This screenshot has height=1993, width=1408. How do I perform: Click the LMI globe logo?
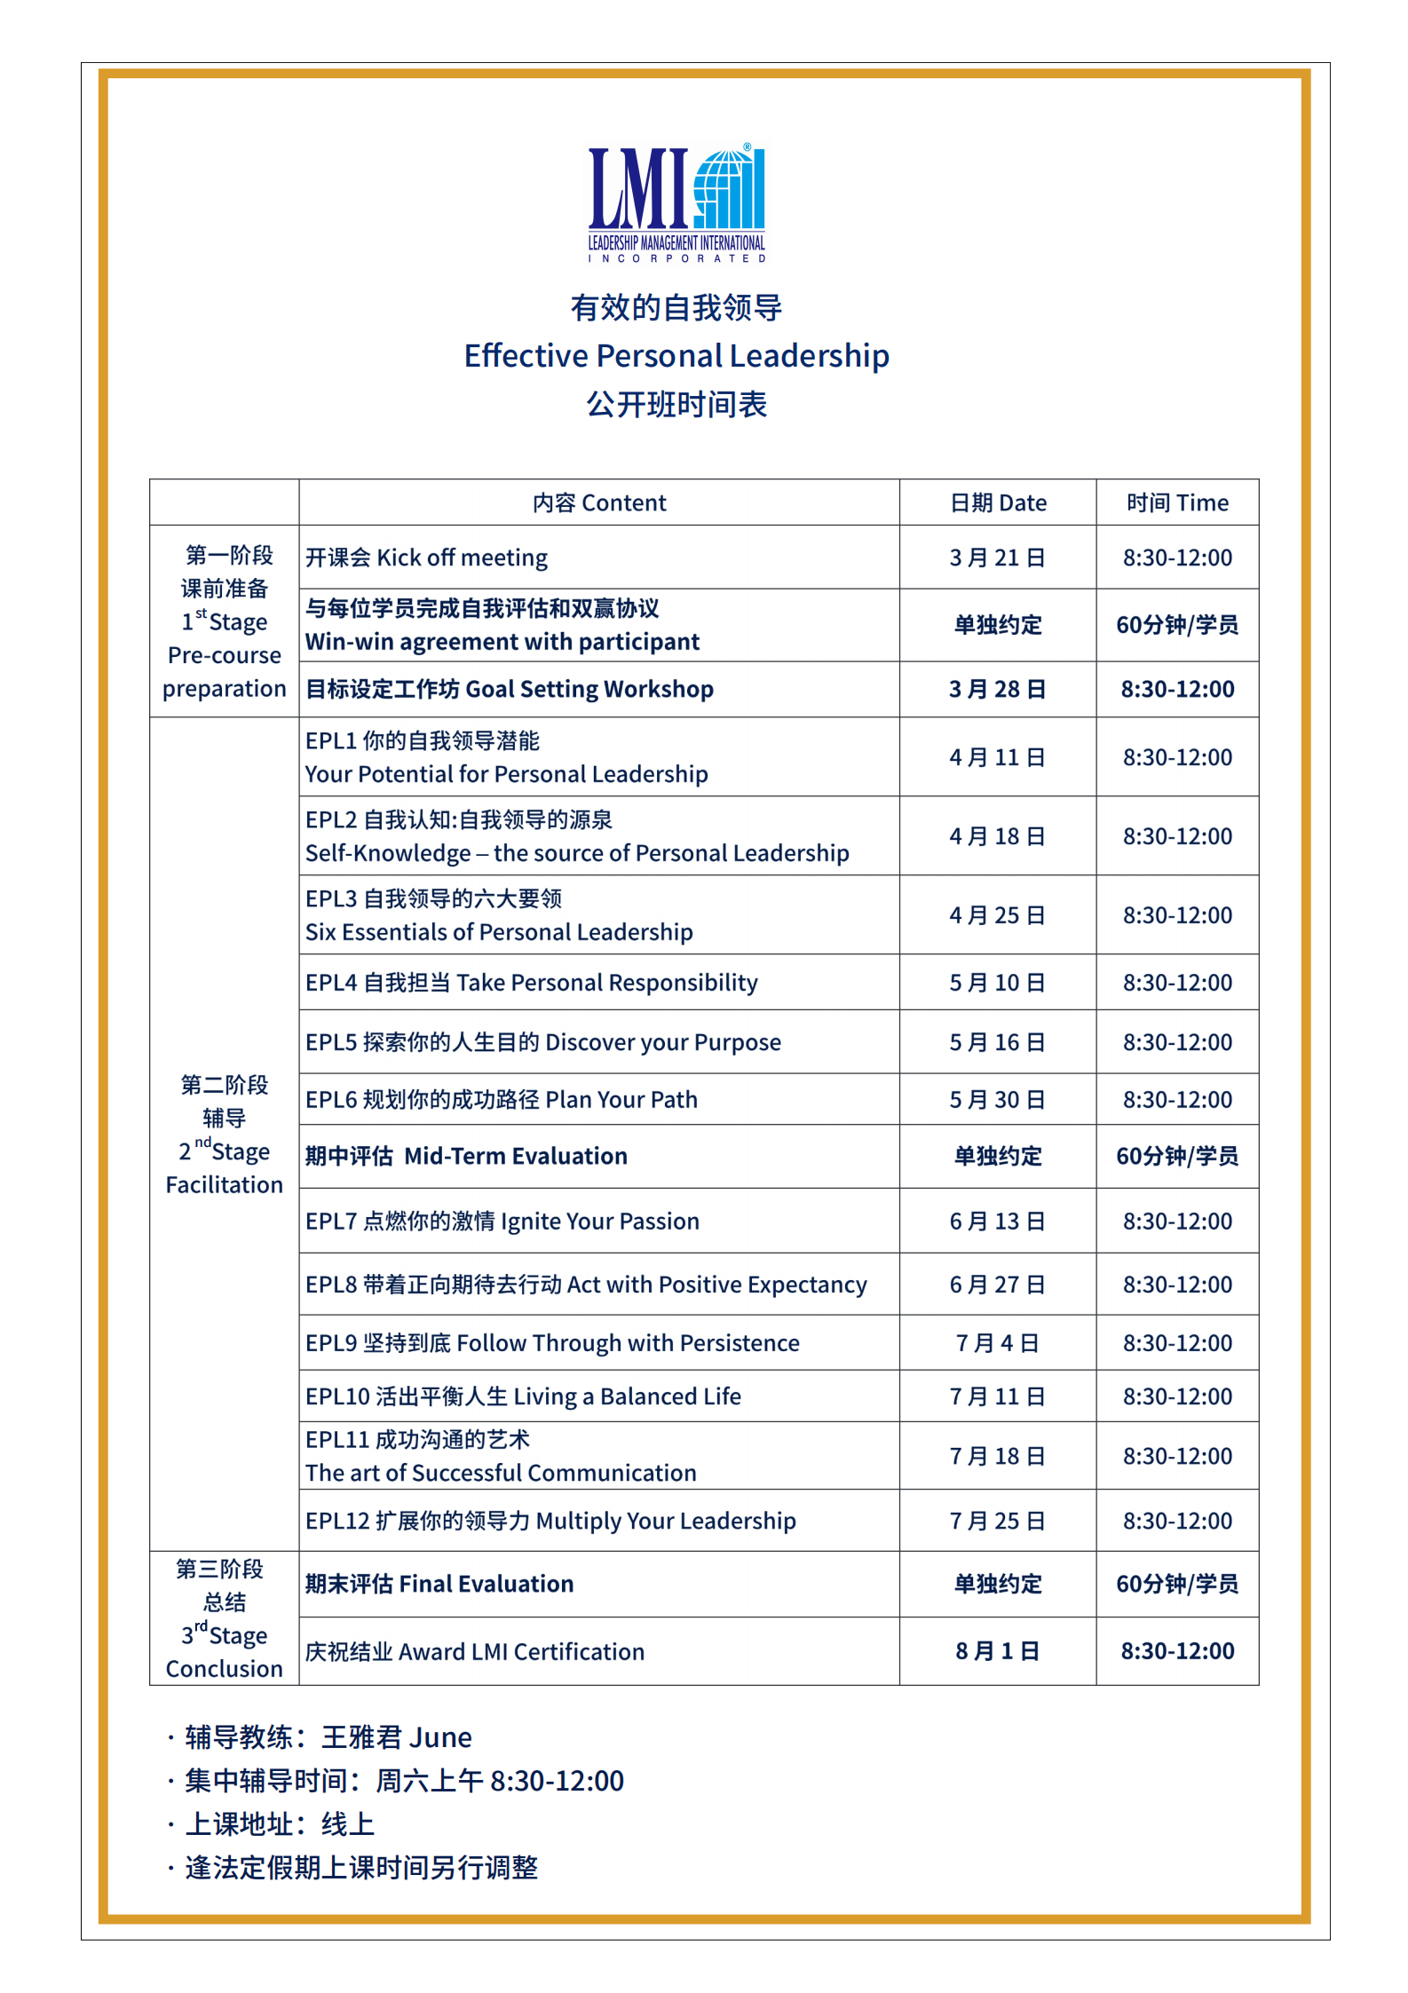[676, 202]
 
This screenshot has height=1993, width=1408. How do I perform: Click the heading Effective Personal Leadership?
[676, 356]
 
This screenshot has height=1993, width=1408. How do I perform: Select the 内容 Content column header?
[599, 503]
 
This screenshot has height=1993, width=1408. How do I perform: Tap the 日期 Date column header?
[998, 503]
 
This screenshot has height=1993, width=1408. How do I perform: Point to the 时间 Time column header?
[1177, 503]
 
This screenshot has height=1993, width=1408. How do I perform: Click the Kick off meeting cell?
[427, 558]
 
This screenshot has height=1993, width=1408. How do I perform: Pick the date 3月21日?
[997, 558]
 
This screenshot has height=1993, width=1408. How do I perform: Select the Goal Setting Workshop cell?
[510, 689]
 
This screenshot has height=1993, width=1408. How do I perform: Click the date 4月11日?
[997, 757]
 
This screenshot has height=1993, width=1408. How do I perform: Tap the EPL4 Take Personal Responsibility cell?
[532, 983]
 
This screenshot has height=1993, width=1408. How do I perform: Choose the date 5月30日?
[997, 1100]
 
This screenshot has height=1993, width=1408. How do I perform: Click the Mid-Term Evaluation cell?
[467, 1156]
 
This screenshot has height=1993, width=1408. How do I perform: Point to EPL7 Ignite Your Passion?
[502, 1222]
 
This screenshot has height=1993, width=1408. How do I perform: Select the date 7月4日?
[997, 1343]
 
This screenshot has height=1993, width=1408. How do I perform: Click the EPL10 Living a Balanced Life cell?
[523, 1396]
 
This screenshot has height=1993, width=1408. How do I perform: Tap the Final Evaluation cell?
[439, 1584]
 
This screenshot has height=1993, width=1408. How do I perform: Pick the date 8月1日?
[997, 1651]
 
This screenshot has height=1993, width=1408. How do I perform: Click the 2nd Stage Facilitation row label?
[225, 1135]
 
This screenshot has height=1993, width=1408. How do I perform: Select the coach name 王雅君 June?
[396, 1737]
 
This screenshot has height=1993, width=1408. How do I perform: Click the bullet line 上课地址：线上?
[280, 1824]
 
